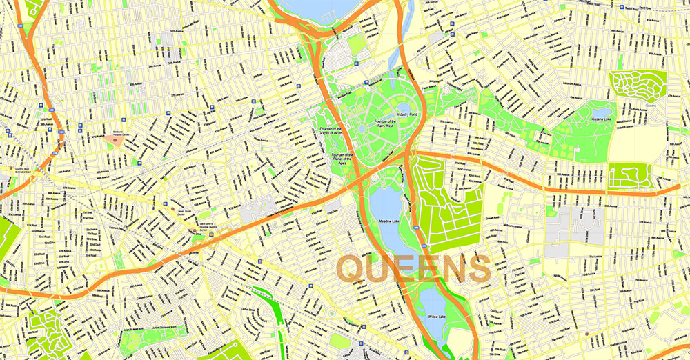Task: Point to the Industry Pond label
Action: [x=407, y=114]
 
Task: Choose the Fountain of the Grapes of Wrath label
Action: [x=331, y=132]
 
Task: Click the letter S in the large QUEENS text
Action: [x=475, y=268]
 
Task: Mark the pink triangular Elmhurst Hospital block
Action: [x=117, y=140]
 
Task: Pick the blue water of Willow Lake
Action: [x=432, y=303]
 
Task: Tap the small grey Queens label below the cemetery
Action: [x=651, y=106]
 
